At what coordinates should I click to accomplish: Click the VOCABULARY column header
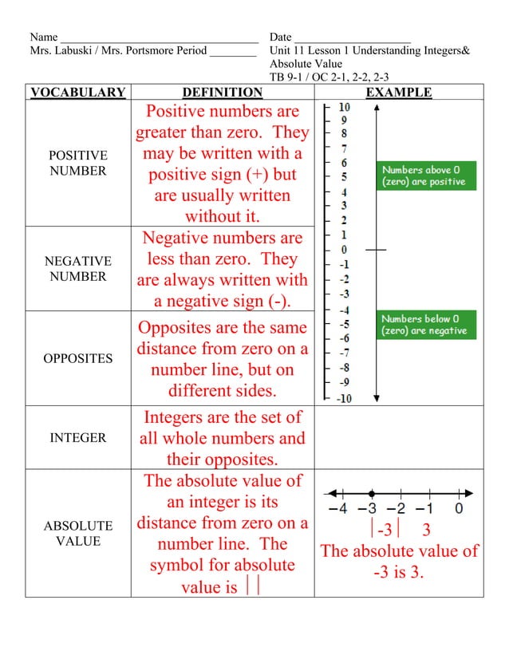coord(77,93)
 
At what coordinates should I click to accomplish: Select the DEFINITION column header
coord(222,93)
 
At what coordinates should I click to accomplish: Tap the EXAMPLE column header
coord(398,93)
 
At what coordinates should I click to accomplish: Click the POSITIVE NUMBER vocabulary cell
coord(77,163)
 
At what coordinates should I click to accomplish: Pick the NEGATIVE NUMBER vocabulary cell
coord(77,269)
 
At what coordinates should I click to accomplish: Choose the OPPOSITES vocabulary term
coord(77,358)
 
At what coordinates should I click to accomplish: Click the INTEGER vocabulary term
coord(77,438)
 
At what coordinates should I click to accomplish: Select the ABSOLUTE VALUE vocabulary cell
coord(77,534)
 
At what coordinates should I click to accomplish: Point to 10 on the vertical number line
coord(344,107)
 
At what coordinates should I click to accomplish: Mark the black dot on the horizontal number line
coord(372,492)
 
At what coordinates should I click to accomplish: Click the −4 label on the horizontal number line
coord(339,508)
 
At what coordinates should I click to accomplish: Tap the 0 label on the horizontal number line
coord(460,508)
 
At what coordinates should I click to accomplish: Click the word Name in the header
coord(43,37)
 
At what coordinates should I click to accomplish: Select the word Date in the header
coord(280,37)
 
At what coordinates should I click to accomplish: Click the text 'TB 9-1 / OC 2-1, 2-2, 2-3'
coord(329,77)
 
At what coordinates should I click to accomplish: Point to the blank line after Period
coord(233,52)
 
